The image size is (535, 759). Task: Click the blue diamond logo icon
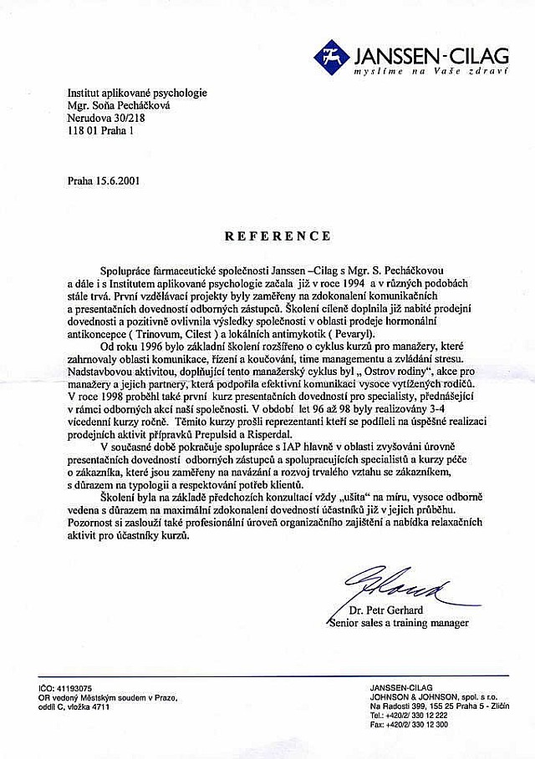[x=332, y=56]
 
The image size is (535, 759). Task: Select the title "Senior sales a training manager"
[x=399, y=622]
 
